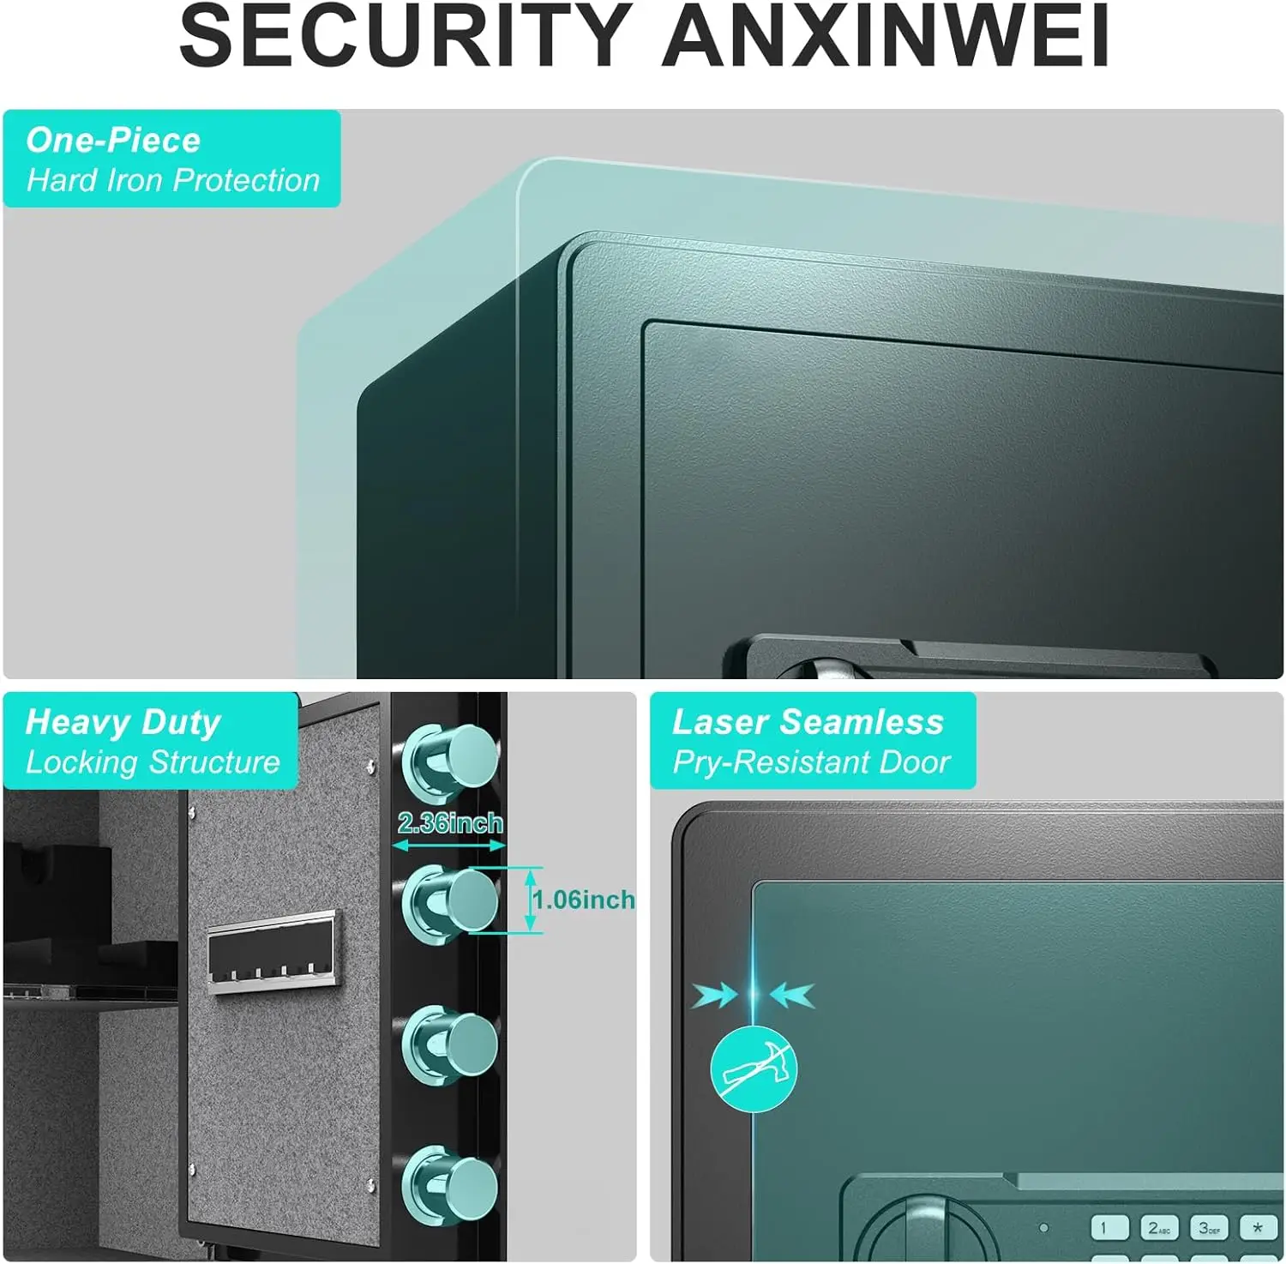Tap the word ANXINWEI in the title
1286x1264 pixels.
point(885,36)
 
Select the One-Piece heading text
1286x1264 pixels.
point(113,140)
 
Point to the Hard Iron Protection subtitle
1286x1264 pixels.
point(172,180)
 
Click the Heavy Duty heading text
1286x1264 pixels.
point(123,722)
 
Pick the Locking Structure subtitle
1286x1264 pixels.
point(153,762)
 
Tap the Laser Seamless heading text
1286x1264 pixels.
point(808,722)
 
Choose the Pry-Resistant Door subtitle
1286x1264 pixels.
point(811,762)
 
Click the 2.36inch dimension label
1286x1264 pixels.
point(450,823)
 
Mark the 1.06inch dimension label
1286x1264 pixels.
point(585,900)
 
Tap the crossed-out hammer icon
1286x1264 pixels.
point(754,1068)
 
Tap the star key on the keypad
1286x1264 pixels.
point(1258,1228)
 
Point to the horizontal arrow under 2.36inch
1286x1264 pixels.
point(449,846)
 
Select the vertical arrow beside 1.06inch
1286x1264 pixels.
point(531,900)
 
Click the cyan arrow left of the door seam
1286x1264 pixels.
point(715,996)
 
